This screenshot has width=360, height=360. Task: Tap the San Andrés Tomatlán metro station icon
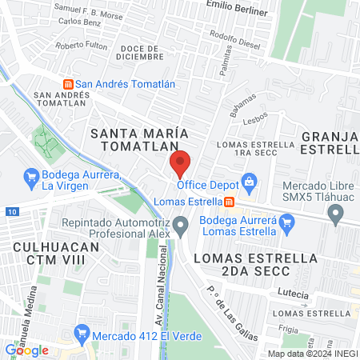click(x=69, y=83)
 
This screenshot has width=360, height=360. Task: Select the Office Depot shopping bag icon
click(x=250, y=182)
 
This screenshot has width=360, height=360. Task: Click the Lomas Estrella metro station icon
click(x=230, y=202)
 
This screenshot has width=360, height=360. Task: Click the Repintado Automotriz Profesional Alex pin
click(x=182, y=226)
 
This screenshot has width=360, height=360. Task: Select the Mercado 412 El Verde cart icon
click(x=80, y=333)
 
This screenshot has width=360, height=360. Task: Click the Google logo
click(x=26, y=350)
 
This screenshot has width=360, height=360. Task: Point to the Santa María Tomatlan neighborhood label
click(x=133, y=138)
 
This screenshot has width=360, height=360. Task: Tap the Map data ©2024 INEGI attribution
click(x=312, y=354)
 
